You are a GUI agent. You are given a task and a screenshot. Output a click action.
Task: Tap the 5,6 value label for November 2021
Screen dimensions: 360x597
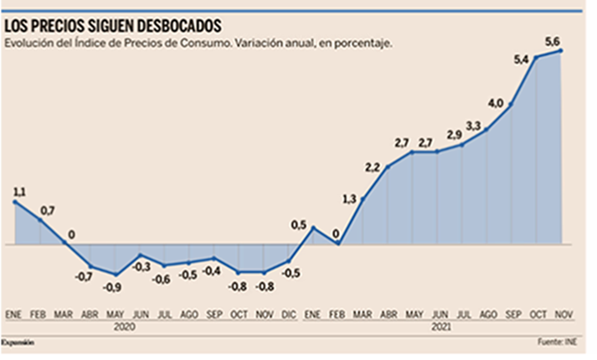(553, 39)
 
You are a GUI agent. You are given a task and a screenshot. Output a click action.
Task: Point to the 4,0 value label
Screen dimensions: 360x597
(496, 102)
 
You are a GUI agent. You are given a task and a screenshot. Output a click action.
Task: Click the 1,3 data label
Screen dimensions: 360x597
(350, 198)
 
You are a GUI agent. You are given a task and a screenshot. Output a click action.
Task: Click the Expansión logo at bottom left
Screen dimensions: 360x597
(18, 342)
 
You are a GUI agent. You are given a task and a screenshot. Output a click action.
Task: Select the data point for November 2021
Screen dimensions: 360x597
(560, 50)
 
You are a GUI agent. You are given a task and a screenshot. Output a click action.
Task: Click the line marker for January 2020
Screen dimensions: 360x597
(13, 202)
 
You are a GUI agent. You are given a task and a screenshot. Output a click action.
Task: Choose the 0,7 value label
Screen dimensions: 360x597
(47, 208)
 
